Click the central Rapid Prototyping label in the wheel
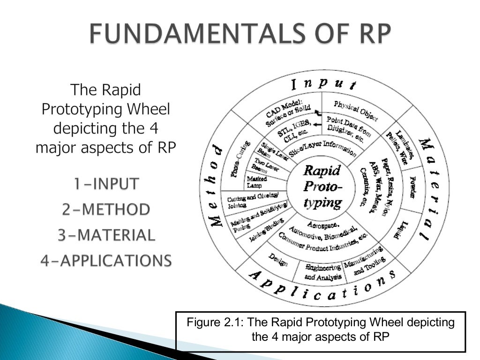click(322, 186)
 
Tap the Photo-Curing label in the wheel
click(240, 159)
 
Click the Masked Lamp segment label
click(257, 182)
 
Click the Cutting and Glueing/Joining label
click(249, 200)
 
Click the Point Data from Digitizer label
click(348, 128)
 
